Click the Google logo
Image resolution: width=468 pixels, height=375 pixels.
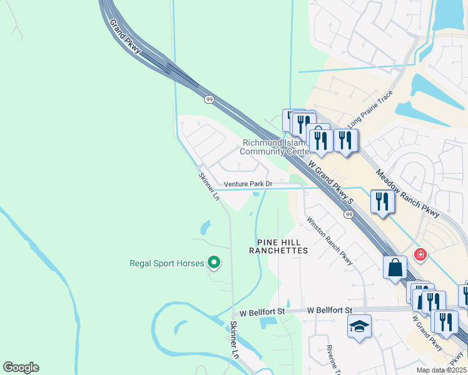coord(21,367)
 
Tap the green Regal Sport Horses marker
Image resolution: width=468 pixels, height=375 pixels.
coord(214,263)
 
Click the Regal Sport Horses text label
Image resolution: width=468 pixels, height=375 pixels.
coord(166,263)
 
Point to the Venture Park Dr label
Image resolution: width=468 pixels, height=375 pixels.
coord(248,184)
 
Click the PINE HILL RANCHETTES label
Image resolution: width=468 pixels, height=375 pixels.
coord(278,246)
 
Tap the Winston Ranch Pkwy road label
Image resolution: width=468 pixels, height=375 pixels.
coord(329,241)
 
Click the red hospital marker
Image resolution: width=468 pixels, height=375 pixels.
coord(420,254)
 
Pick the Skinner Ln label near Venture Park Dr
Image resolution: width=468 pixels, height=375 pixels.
coord(209,186)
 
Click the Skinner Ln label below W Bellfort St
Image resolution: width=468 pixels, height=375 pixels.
coord(235,340)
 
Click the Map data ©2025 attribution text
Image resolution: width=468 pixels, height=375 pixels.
coord(442,370)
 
